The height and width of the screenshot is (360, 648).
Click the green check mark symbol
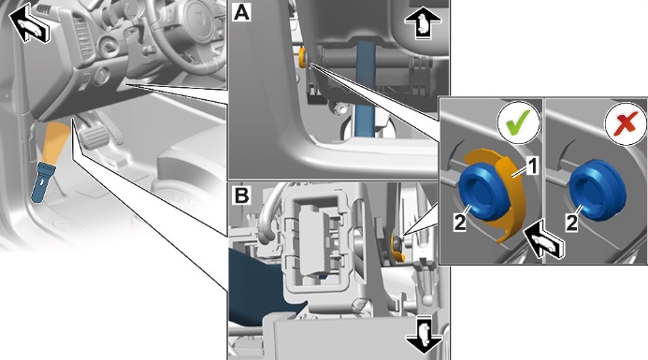[519, 122]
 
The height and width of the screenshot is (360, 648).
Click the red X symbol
[626, 122]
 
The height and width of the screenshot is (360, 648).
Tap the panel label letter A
[241, 12]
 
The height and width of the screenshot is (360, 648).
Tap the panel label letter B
[241, 195]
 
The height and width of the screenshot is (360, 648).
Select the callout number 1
[533, 166]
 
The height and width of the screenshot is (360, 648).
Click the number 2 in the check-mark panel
[459, 223]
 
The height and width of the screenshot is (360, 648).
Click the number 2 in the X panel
[571, 223]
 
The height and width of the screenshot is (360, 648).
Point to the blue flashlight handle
[42, 182]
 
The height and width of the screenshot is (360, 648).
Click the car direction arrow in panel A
[423, 24]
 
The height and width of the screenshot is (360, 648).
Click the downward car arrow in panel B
[424, 335]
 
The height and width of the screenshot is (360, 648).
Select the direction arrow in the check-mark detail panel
[543, 240]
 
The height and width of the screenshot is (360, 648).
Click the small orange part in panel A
[302, 57]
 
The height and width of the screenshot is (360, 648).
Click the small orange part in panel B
[396, 248]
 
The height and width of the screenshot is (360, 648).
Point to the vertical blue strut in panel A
[365, 89]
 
